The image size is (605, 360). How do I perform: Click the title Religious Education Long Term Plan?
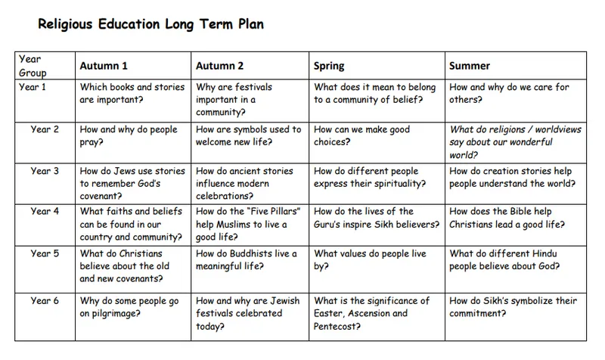tap(151, 23)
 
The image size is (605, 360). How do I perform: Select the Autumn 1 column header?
tap(104, 66)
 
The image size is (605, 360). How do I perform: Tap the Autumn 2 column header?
tap(219, 66)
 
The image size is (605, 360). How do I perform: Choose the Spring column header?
tap(329, 66)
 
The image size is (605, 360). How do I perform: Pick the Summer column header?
tap(470, 66)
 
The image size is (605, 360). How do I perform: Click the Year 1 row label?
tap(33, 87)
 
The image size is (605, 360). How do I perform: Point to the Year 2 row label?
tap(45, 129)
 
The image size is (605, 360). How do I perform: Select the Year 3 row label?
tap(45, 171)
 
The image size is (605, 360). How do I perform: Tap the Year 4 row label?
tap(45, 212)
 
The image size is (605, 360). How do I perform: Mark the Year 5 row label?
tap(45, 253)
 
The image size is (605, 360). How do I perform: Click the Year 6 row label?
tap(45, 300)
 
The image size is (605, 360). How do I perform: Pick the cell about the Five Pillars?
tap(250, 225)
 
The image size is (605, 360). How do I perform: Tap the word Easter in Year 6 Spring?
tap(329, 313)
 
